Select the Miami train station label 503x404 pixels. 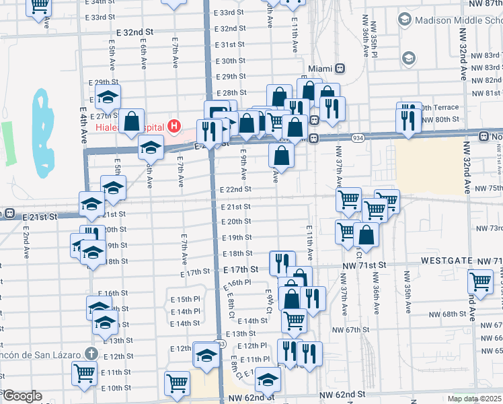(321, 69)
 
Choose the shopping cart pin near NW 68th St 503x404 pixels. (481, 281)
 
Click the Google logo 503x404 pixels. (22, 396)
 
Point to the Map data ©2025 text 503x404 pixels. (474, 398)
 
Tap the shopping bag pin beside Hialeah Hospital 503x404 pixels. (132, 121)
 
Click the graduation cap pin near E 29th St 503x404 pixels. (108, 97)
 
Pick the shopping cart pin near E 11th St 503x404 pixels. (84, 372)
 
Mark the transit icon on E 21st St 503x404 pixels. (9, 213)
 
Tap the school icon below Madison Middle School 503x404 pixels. (408, 59)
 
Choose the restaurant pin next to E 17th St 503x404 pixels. (282, 261)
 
